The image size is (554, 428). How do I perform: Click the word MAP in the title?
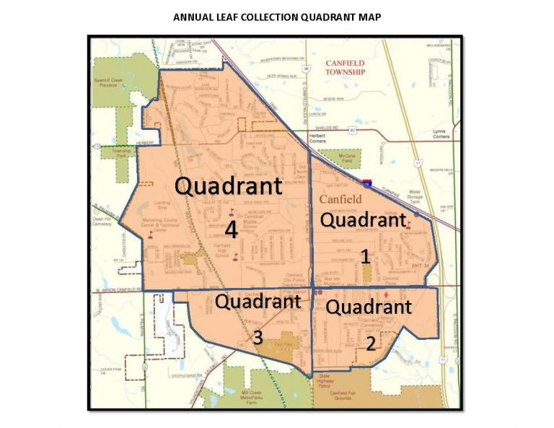pyautogui.click(x=369, y=16)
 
